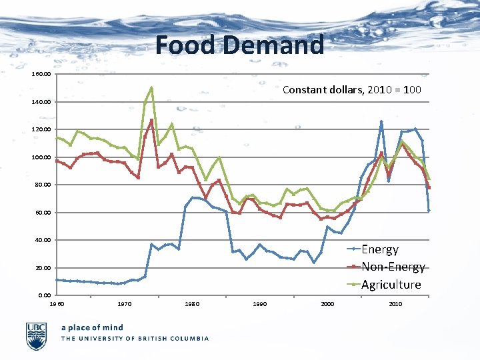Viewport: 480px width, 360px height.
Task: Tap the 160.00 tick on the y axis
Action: click(x=41, y=74)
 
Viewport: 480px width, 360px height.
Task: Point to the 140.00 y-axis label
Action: click(x=41, y=102)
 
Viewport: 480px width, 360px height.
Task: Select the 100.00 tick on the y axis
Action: click(x=41, y=157)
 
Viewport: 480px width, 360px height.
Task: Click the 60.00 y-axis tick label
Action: click(x=43, y=213)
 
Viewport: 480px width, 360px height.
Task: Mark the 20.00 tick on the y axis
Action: click(x=43, y=268)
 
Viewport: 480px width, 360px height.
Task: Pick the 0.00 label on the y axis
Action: click(x=44, y=295)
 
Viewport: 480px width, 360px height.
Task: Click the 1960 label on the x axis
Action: click(x=57, y=304)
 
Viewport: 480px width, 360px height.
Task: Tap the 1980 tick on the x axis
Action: click(x=192, y=304)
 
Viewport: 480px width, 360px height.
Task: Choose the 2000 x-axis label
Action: click(x=327, y=304)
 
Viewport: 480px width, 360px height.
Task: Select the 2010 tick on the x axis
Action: click(x=395, y=304)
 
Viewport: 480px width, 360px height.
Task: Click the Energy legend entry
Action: click(x=379, y=249)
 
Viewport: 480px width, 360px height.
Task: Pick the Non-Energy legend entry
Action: click(x=393, y=267)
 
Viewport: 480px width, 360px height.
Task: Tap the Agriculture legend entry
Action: click(x=391, y=285)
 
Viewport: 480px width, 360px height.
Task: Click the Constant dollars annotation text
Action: click(x=351, y=89)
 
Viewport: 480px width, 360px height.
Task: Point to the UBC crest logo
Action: click(x=36, y=335)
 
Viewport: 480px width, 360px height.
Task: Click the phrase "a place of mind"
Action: click(x=92, y=327)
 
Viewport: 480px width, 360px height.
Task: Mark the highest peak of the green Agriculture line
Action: click(x=152, y=87)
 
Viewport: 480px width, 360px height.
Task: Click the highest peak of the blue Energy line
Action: click(x=381, y=121)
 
